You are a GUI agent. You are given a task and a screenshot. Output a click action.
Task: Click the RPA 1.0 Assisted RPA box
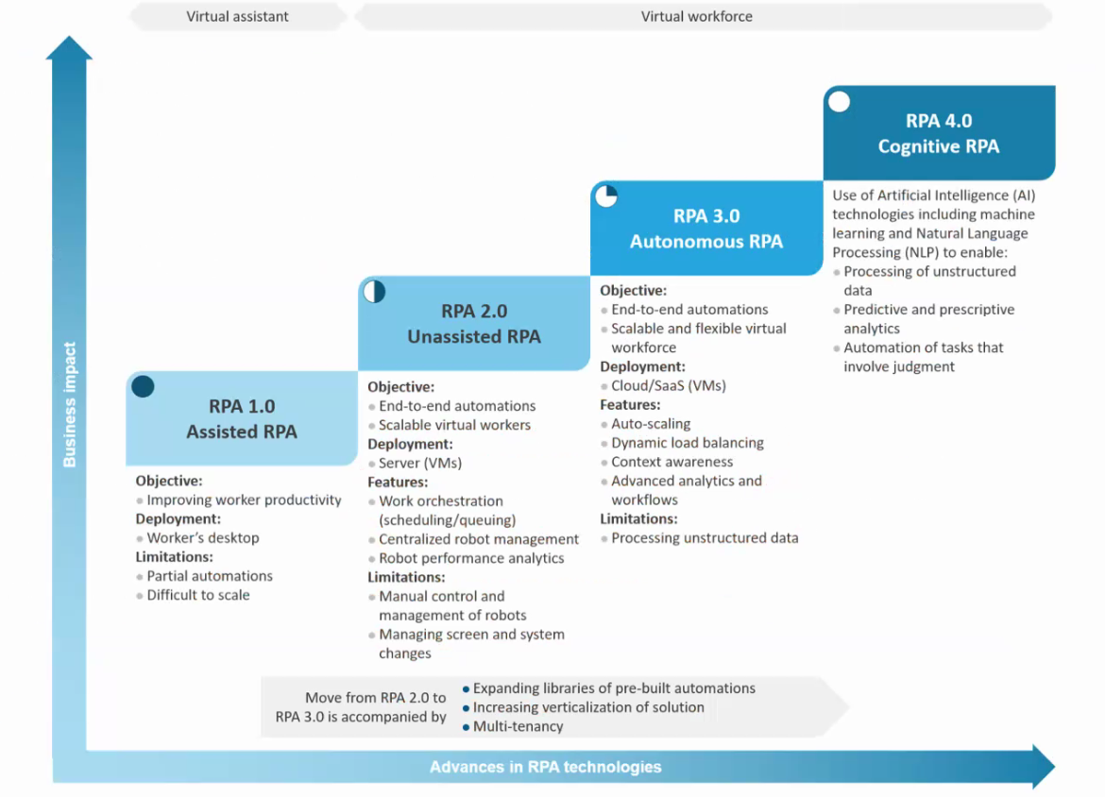point(242,419)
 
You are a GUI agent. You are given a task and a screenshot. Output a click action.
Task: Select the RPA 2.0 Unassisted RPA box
point(474,324)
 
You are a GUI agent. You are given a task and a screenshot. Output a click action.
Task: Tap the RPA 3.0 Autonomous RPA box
point(706,229)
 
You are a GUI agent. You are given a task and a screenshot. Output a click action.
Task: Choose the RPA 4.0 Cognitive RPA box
point(939,133)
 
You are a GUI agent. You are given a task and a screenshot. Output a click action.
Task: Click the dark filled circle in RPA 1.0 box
point(143,386)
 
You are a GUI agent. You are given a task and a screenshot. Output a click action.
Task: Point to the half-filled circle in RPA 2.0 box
point(374,291)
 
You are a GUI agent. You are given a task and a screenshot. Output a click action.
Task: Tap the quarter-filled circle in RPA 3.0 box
point(606,195)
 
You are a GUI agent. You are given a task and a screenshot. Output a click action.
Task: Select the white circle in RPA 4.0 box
point(839,101)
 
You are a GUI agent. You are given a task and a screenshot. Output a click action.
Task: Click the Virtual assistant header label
point(238,16)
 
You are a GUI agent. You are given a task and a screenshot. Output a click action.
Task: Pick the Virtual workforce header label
point(697,16)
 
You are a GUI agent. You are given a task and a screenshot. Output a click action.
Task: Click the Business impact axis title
point(70,404)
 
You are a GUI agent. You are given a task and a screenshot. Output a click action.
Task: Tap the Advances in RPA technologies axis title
point(546,767)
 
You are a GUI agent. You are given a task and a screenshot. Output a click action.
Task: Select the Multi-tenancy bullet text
point(518,726)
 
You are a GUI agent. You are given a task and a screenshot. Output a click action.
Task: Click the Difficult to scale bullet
point(198,595)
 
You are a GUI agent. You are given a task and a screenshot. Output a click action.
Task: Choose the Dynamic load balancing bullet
point(688,443)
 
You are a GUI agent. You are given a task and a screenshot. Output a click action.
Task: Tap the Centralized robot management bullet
point(479,539)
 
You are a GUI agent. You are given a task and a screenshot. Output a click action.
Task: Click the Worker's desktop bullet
point(203,537)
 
